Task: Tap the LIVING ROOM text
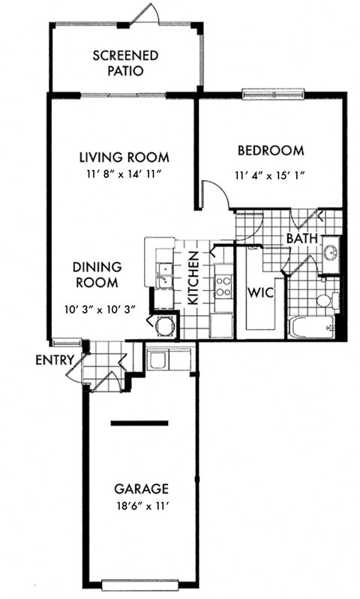click(124, 157)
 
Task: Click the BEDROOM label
click(270, 150)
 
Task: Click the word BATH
click(301, 238)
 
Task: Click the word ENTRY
click(55, 361)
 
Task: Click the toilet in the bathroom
click(325, 301)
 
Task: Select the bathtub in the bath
click(310, 326)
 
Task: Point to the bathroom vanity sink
click(330, 252)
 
